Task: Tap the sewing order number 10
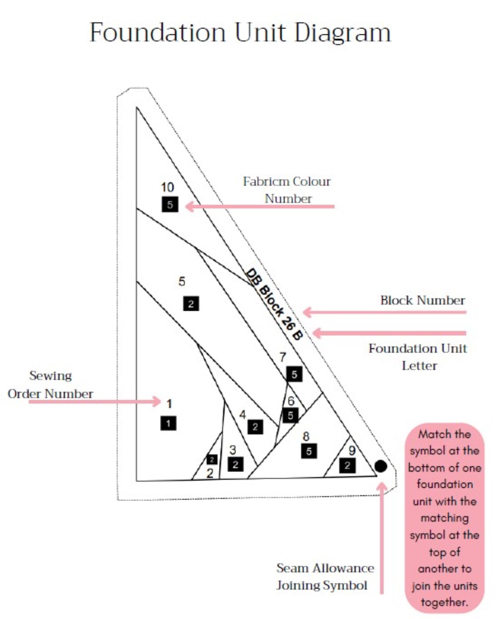click(167, 187)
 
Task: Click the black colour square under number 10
click(170, 205)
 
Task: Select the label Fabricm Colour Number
click(287, 190)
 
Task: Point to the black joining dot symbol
click(380, 466)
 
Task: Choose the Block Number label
click(423, 300)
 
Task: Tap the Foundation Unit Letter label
click(418, 357)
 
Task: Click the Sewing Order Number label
click(50, 385)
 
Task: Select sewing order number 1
click(169, 404)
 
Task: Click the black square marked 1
click(168, 423)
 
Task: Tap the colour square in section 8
click(309, 451)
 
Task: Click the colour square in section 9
click(347, 466)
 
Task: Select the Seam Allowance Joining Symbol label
click(325, 577)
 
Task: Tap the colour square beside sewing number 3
click(235, 464)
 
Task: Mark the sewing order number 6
click(291, 401)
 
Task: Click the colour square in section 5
click(191, 304)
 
